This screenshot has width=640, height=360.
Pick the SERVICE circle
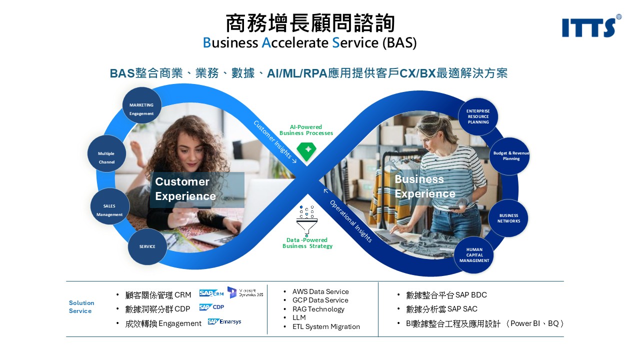click(147, 246)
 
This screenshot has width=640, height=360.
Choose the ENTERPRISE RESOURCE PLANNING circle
click(478, 116)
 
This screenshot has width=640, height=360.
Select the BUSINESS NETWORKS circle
click(508, 218)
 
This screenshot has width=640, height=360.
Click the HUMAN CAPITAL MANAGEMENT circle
click(474, 255)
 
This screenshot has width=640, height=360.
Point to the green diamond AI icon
click(305, 151)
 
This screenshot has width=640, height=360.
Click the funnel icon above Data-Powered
click(306, 220)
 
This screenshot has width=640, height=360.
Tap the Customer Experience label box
click(197, 189)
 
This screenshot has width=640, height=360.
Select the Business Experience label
click(425, 186)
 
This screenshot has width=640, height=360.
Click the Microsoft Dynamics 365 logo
click(245, 292)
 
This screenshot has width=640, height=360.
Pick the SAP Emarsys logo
click(224, 321)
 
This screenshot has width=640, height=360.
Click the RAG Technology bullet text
click(318, 309)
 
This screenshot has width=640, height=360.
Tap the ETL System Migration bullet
click(326, 326)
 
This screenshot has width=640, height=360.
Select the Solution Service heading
click(81, 306)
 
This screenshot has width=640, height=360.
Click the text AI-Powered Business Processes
click(306, 130)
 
